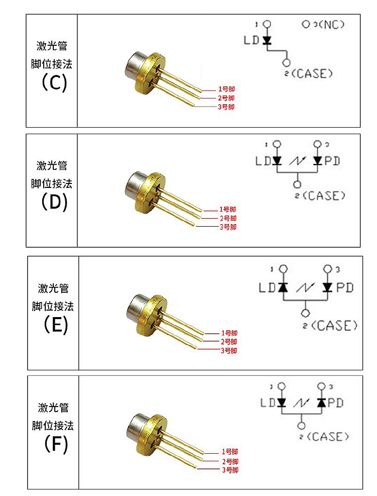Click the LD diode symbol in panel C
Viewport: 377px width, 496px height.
click(x=267, y=40)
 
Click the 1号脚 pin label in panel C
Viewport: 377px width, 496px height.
click(x=226, y=89)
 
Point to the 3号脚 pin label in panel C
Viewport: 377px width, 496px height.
click(x=226, y=107)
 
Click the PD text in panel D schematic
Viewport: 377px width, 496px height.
click(x=332, y=161)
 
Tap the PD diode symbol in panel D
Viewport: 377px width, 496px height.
click(x=317, y=161)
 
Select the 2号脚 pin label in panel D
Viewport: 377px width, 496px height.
click(x=228, y=218)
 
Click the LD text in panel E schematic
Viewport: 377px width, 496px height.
click(x=267, y=288)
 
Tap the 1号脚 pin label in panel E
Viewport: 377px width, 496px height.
click(x=229, y=333)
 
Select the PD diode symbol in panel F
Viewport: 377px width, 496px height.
click(x=322, y=403)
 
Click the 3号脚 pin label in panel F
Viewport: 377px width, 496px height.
click(x=230, y=470)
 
